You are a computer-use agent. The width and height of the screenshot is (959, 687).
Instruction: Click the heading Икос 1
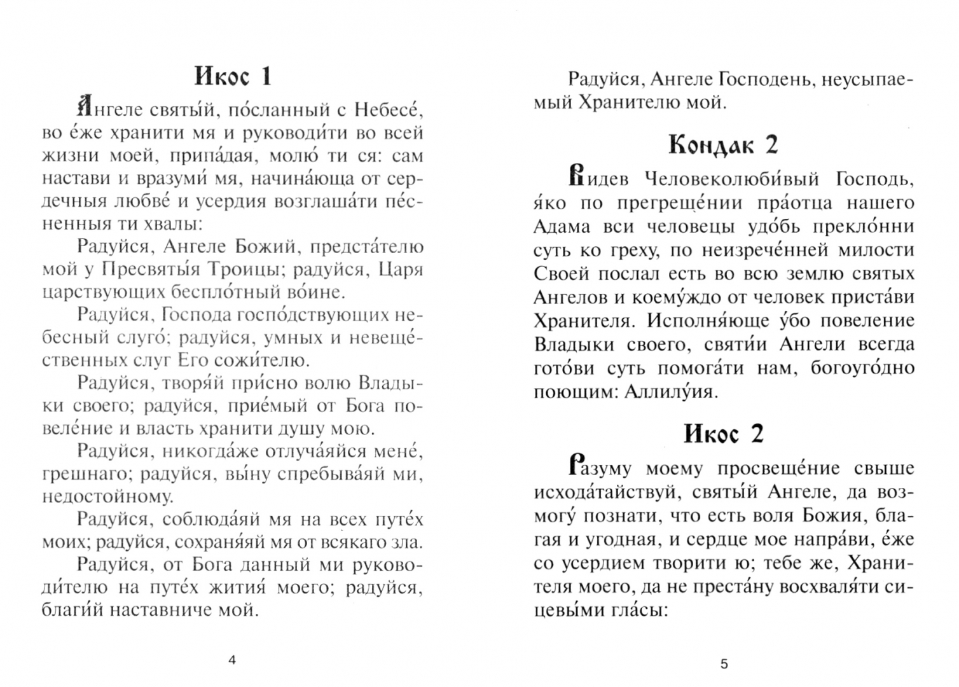pyautogui.click(x=233, y=77)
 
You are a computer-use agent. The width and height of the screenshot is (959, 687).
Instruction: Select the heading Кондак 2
pyautogui.click(x=723, y=146)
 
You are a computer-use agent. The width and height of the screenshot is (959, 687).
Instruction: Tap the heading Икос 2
pyautogui.click(x=723, y=434)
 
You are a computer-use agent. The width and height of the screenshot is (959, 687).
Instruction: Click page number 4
pyautogui.click(x=231, y=660)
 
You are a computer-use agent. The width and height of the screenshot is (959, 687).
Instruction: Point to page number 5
pyautogui.click(x=724, y=664)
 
